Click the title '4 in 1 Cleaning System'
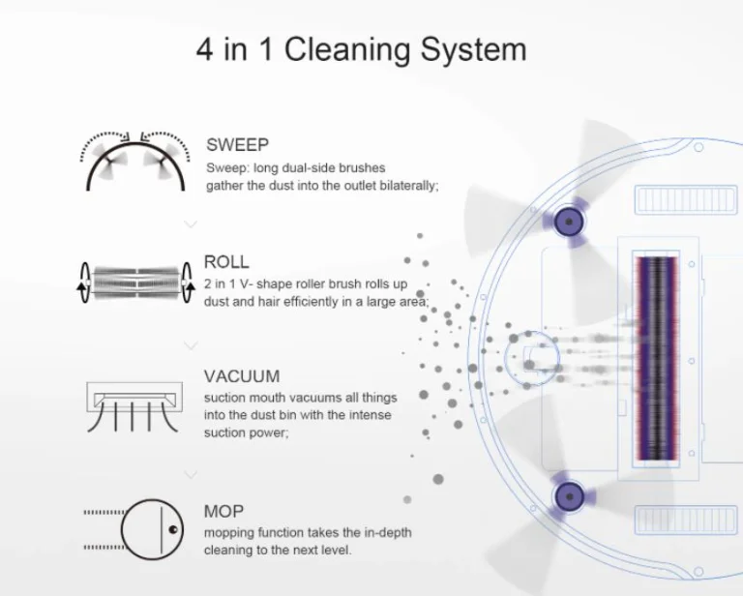[x=361, y=49]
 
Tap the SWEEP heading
[x=237, y=144]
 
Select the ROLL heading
[x=226, y=262]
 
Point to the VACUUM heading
[x=242, y=376]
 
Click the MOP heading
[x=223, y=511]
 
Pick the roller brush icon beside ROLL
[x=135, y=283]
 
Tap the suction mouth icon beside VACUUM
[x=134, y=406]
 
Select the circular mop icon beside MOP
[x=152, y=528]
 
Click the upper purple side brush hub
[x=569, y=222]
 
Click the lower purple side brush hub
[x=569, y=496]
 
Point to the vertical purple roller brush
[x=657, y=358]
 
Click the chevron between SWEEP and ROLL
[x=191, y=224]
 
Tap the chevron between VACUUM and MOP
[x=191, y=474]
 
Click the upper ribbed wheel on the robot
[x=686, y=199]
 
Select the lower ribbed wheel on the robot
[x=686, y=520]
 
